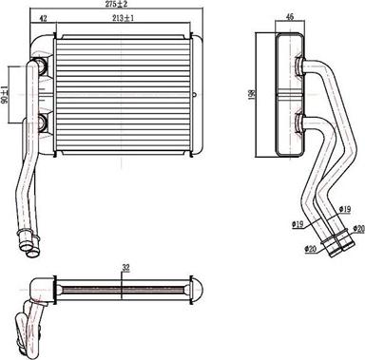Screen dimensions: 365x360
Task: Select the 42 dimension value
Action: (x=43, y=19)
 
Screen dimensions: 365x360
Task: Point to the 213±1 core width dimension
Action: (x=123, y=18)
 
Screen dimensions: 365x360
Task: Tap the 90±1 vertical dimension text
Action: (x=4, y=94)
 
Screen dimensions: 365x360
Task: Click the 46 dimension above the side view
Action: (x=289, y=17)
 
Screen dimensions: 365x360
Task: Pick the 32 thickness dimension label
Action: (x=125, y=268)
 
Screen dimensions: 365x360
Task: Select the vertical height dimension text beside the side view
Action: (x=253, y=94)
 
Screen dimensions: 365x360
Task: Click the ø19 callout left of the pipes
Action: (x=298, y=224)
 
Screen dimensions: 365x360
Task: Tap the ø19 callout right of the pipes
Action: (x=344, y=209)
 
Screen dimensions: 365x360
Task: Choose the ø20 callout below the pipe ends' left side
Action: (x=311, y=249)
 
